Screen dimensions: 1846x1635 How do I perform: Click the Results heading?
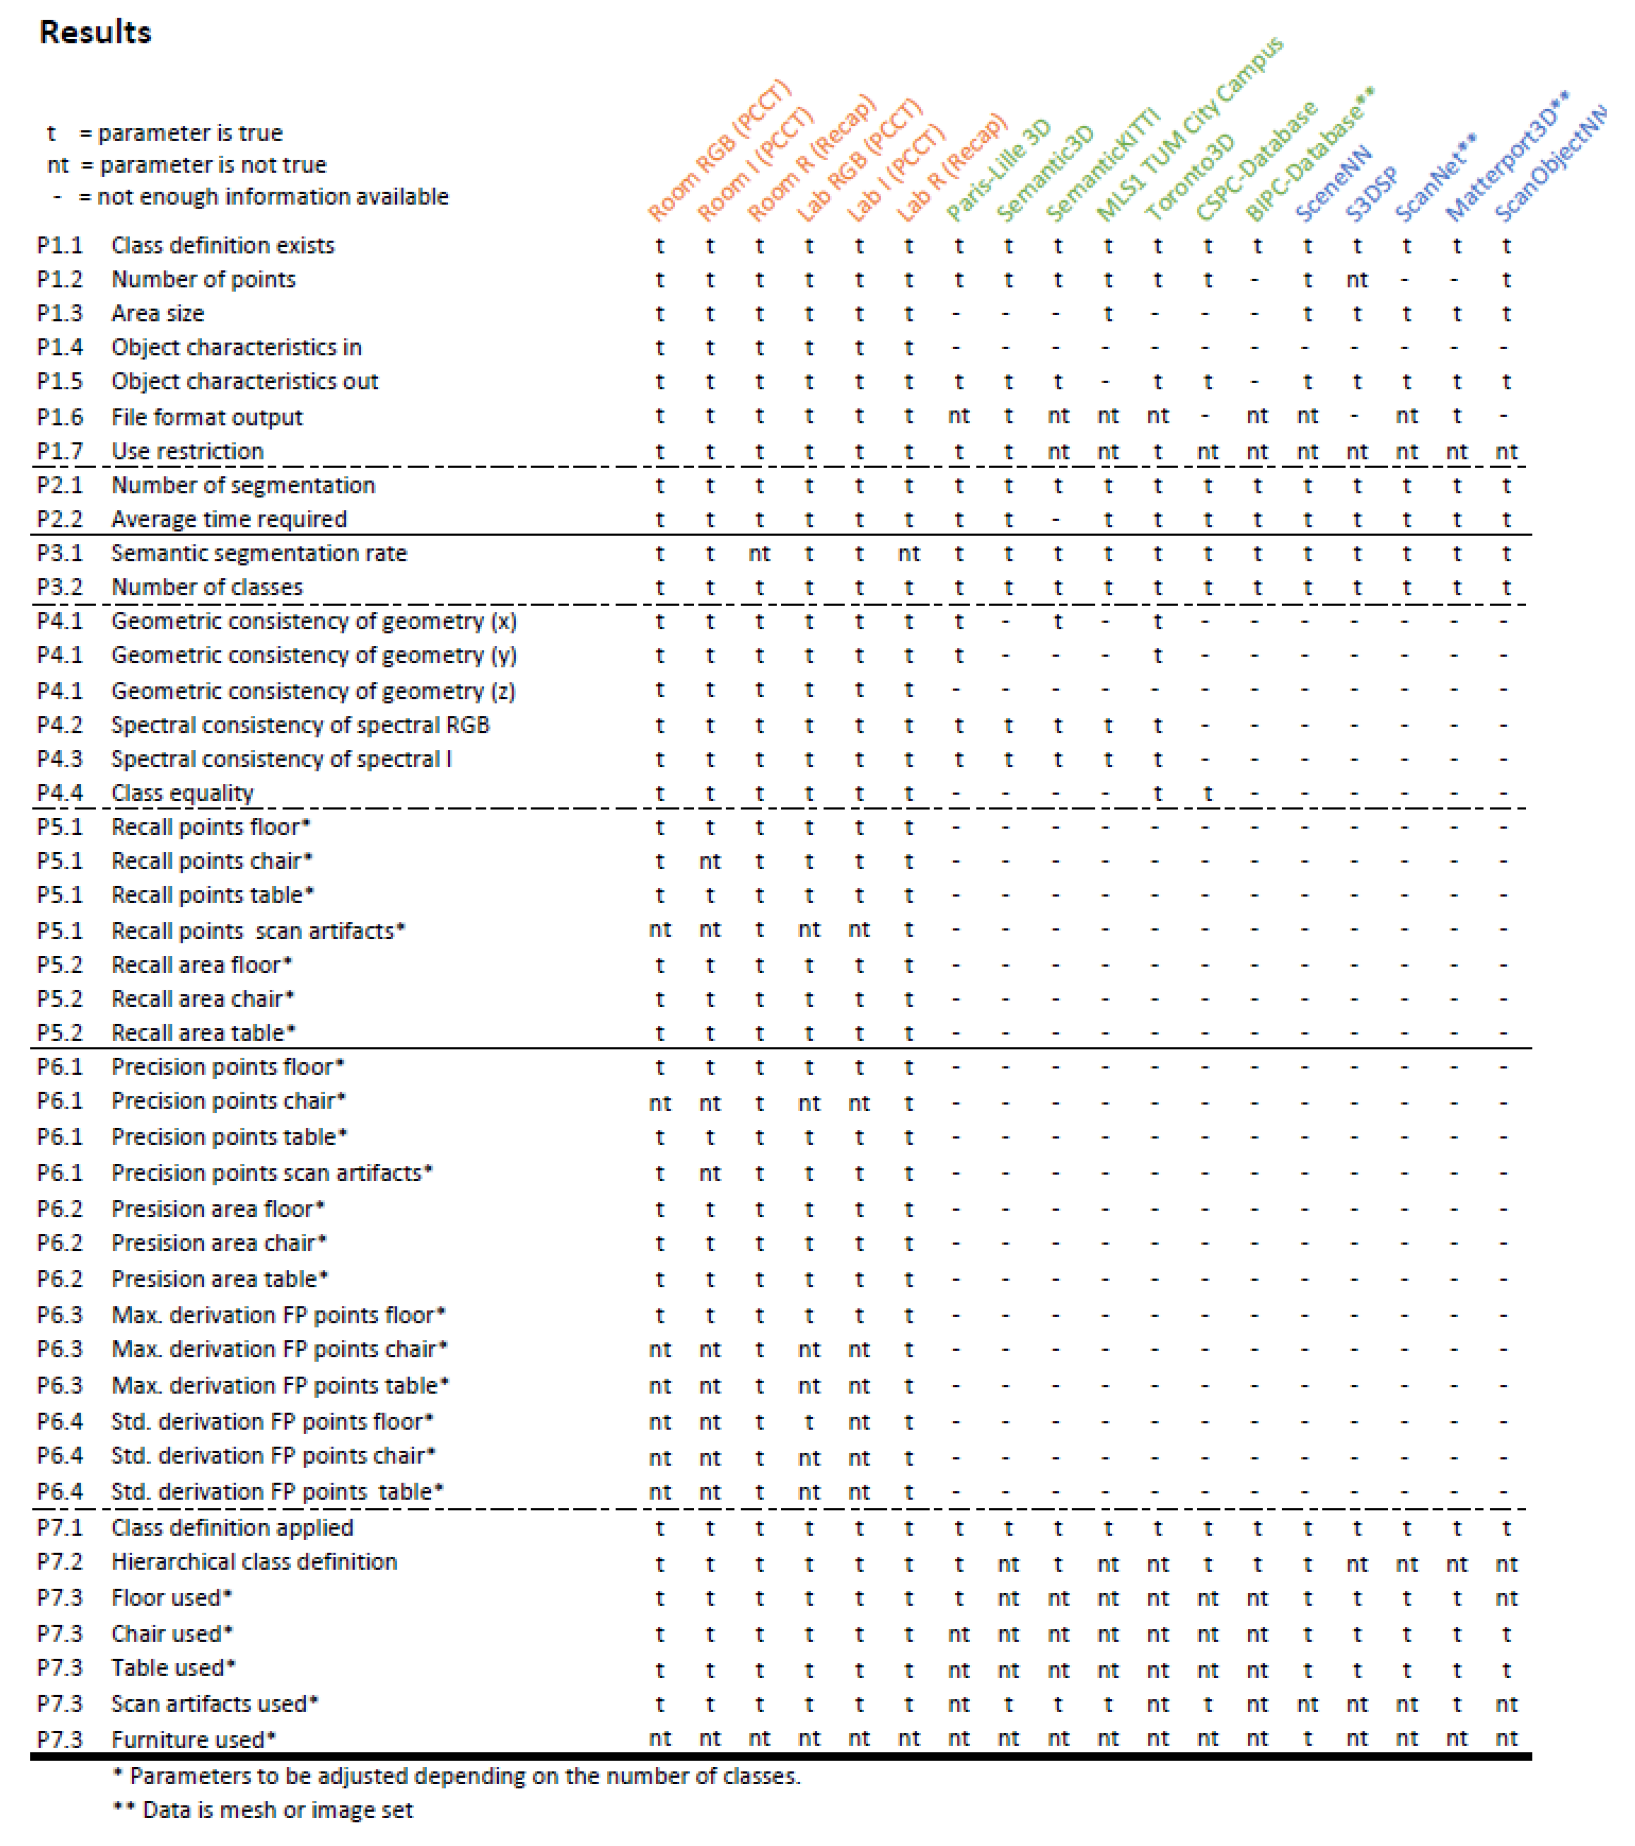[x=95, y=32]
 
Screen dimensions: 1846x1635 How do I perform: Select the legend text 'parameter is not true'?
[x=212, y=165]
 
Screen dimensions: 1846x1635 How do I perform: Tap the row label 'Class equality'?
[x=182, y=793]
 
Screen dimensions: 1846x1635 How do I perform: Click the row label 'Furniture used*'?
[x=193, y=1739]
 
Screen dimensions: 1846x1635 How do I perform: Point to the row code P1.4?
[x=60, y=347]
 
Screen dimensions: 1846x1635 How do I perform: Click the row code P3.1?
[x=60, y=553]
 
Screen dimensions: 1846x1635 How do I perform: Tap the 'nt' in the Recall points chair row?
[x=710, y=862]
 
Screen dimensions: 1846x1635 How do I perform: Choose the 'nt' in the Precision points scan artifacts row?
[x=710, y=1173]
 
